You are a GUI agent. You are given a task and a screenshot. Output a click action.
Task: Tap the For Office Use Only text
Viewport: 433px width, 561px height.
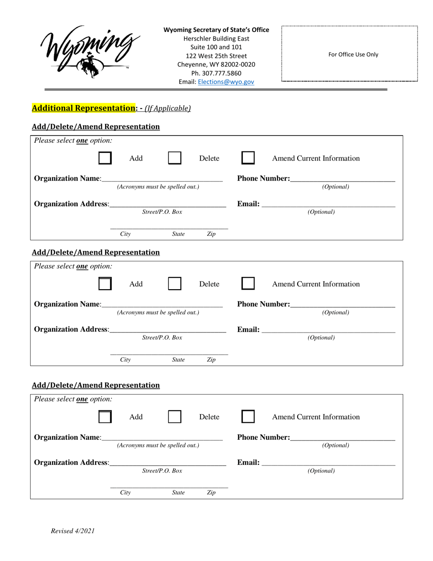(353, 54)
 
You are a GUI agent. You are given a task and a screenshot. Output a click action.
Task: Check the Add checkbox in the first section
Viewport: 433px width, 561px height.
(105, 158)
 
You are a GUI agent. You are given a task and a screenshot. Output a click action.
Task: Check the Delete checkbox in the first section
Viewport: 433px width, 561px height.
(175, 158)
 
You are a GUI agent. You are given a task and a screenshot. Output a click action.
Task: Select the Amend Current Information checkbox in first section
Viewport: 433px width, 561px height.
(248, 158)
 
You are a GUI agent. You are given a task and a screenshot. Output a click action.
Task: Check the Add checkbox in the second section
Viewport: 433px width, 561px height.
(105, 284)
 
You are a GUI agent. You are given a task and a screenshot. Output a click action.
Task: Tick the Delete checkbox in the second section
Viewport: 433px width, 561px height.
(175, 284)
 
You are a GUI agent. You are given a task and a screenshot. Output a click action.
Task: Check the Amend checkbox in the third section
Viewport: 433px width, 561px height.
(248, 417)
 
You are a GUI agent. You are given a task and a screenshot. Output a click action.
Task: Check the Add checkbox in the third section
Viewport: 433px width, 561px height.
(105, 417)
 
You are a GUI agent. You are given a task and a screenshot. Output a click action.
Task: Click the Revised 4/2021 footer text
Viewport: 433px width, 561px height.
(73, 530)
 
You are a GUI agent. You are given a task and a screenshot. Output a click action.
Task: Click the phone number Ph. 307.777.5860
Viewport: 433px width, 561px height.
(216, 73)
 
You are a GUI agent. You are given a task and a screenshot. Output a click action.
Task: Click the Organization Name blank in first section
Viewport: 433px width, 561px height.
(162, 178)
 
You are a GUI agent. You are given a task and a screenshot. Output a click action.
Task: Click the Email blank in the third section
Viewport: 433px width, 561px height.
(328, 462)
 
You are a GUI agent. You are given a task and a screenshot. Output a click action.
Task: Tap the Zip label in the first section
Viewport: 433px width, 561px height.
(211, 234)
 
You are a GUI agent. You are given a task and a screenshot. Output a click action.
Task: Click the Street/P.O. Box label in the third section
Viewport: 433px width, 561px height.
(162, 471)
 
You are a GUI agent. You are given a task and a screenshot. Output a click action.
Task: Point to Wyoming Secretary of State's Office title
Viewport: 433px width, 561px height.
(216, 30)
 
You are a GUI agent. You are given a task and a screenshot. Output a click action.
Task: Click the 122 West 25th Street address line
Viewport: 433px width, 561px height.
(216, 56)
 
